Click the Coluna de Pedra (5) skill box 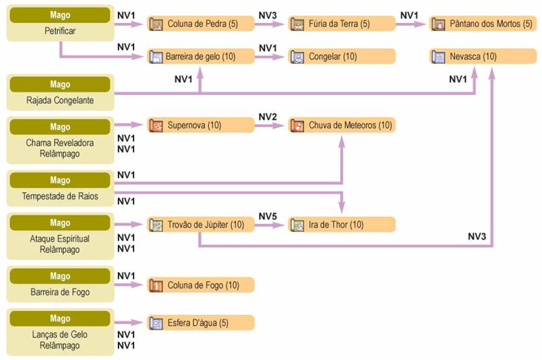pyautogui.click(x=201, y=24)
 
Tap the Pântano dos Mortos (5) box pyautogui.click(x=484, y=24)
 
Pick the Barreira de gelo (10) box pyautogui.click(x=201, y=57)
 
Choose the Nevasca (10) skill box pyautogui.click(x=484, y=57)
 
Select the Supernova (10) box pyautogui.click(x=201, y=125)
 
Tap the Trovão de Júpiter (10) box pyautogui.click(x=201, y=224)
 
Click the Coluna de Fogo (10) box pyautogui.click(x=201, y=285)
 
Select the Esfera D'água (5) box pyautogui.click(x=201, y=323)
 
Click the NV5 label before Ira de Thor pyautogui.click(x=268, y=216)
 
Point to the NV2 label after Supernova pyautogui.click(x=268, y=117)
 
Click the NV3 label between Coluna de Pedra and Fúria pyautogui.click(x=268, y=15)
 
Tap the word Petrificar pyautogui.click(x=60, y=30)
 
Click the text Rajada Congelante pyautogui.click(x=60, y=100)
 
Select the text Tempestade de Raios pyautogui.click(x=60, y=196)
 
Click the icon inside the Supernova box pyautogui.click(x=156, y=125)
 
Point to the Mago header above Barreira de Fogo pyautogui.click(x=60, y=276)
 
